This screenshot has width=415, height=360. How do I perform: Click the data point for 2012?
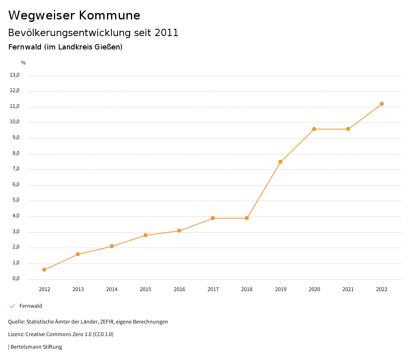[x=44, y=270]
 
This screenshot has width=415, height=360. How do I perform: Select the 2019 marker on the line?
[x=280, y=162]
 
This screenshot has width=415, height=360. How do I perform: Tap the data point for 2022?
[x=382, y=104]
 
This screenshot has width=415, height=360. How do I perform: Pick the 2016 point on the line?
[x=179, y=231]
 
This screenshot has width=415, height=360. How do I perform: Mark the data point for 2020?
[x=314, y=129]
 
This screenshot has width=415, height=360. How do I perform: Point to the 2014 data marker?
[x=112, y=246]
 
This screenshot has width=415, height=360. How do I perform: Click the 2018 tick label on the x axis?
[x=247, y=289]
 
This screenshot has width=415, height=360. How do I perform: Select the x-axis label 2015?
[x=145, y=289]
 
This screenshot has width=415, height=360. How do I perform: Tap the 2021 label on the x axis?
[x=348, y=289]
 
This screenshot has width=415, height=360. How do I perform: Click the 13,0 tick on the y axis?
[x=15, y=75]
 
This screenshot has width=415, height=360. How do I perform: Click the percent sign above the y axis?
[x=24, y=63]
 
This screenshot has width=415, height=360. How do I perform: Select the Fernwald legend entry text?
[x=31, y=306]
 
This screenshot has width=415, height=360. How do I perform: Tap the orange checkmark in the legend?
[x=12, y=306]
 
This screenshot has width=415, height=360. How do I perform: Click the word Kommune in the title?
[x=110, y=15]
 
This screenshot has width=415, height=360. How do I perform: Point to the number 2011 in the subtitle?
[x=167, y=33]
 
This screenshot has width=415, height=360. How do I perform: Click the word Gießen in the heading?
[x=108, y=47]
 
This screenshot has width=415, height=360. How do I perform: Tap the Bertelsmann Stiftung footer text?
[x=36, y=347]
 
